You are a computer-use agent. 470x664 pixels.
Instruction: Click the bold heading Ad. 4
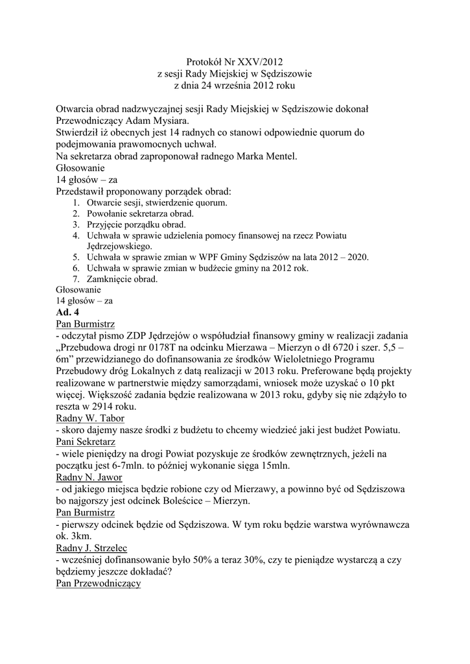67,312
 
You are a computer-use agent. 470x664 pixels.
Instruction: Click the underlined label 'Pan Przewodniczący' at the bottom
99,583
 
